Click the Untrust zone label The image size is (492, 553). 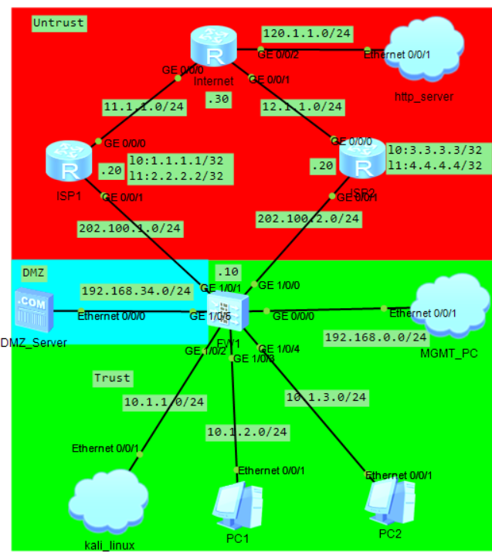point(59,23)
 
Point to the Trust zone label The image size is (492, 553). point(112,378)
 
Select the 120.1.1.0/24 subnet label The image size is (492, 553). point(297,34)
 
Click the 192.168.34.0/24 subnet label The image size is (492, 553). point(136,291)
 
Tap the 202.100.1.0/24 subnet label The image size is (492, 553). point(130,228)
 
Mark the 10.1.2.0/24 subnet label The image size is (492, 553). point(247,430)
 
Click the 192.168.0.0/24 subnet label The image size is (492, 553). point(375,338)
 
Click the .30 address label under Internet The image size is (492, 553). point(218,99)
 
